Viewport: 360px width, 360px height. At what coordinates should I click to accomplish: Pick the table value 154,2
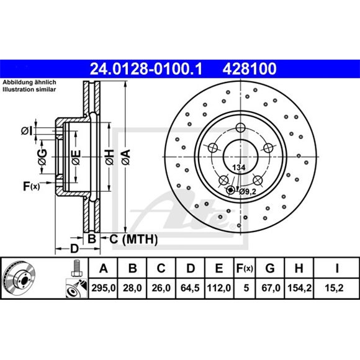[x=299, y=289]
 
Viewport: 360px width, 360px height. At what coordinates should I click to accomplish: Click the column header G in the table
[x=270, y=268]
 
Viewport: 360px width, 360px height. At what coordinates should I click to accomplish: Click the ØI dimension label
[x=26, y=130]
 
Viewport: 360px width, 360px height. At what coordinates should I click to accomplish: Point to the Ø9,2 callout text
[x=248, y=192]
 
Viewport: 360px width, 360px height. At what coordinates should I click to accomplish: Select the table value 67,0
[x=270, y=289]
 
